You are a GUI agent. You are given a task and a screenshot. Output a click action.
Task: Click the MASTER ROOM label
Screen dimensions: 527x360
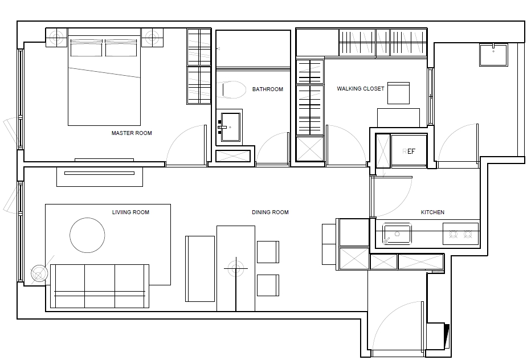pos(132,133)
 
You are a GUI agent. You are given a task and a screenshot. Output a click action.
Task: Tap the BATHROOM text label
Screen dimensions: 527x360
pos(268,89)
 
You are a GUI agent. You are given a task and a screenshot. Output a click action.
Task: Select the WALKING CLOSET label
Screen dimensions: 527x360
pos(360,89)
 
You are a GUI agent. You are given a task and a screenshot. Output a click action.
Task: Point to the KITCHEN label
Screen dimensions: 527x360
pos(432,212)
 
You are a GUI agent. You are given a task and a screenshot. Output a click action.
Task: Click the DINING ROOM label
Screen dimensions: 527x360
pos(270,212)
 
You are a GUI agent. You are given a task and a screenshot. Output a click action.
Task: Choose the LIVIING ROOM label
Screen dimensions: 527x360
pos(130,212)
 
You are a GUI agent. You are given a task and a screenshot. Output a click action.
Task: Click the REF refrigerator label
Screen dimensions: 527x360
pos(408,152)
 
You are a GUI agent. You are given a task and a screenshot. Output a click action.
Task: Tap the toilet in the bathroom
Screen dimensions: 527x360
pos(233,90)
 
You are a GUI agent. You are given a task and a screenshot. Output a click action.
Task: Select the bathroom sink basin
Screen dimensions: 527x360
pos(230,127)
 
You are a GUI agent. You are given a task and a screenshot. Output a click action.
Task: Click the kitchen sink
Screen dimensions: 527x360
pos(397,234)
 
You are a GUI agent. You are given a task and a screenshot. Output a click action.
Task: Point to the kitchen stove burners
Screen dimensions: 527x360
pos(460,234)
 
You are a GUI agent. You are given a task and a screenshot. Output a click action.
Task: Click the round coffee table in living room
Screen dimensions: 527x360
pos(87,235)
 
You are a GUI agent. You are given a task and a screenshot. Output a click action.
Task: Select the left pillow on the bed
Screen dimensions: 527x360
pos(87,48)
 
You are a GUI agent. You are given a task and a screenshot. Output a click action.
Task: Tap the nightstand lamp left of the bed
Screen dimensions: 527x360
pos(56,37)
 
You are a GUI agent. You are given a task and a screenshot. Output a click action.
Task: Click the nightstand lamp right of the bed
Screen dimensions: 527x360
pos(152,37)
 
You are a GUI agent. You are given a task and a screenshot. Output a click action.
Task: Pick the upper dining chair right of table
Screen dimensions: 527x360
pos(268,252)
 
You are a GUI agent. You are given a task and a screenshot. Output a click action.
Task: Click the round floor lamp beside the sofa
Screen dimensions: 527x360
pos(38,273)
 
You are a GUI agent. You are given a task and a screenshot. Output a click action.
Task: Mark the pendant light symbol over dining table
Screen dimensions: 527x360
pos(236,268)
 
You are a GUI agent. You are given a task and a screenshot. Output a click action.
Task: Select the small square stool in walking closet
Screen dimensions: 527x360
pos(399,93)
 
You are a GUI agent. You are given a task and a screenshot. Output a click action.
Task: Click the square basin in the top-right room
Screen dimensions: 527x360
pos(493,55)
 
